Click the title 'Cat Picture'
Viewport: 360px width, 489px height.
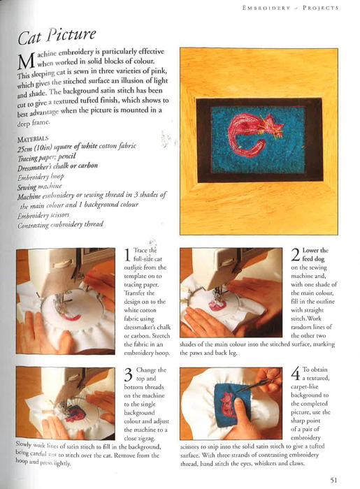pyautogui.click(x=57, y=36)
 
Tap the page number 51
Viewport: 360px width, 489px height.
pyautogui.click(x=333, y=480)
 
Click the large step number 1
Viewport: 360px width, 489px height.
pyautogui.click(x=127, y=255)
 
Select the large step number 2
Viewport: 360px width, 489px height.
pyautogui.click(x=296, y=255)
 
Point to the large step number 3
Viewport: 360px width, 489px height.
pyautogui.click(x=129, y=374)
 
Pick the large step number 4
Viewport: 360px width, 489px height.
pyautogui.click(x=296, y=374)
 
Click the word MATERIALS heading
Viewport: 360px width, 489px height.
pyautogui.click(x=33, y=139)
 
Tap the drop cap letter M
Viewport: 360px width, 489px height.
pyautogui.click(x=26, y=61)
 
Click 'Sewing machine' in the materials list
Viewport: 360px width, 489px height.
pyautogui.click(x=40, y=187)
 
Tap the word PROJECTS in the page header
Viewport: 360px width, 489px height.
pyautogui.click(x=320, y=8)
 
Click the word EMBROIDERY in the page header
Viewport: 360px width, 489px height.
pyautogui.click(x=266, y=8)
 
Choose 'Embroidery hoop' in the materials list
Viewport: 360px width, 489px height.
pyautogui.click(x=41, y=177)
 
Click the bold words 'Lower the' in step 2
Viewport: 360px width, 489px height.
pyautogui.click(x=315, y=250)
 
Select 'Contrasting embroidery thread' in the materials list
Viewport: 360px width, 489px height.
pyautogui.click(x=60, y=225)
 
